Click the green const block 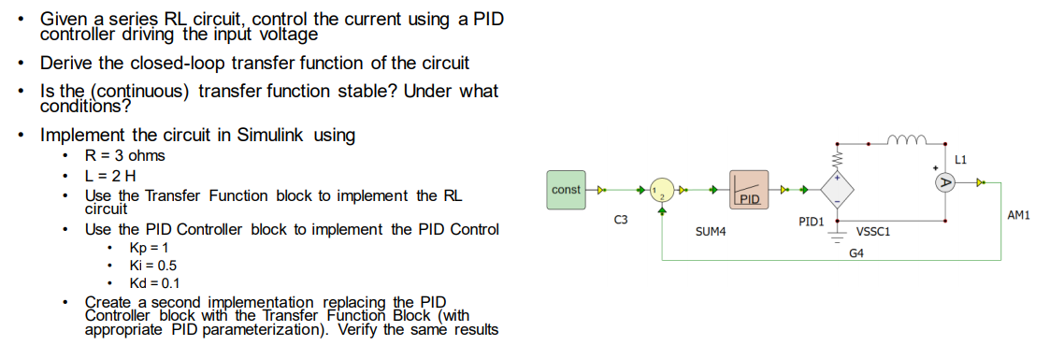(566, 190)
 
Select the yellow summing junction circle (662, 190)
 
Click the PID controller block (748, 189)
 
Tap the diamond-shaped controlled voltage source (837, 189)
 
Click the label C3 (621, 220)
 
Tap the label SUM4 (712, 229)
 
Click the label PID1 (810, 222)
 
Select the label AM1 (1018, 216)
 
